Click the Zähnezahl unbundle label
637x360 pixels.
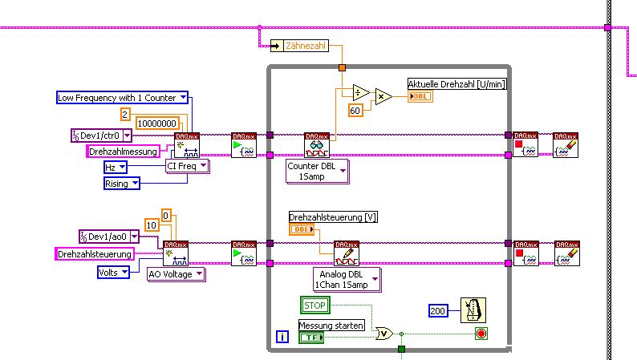point(306,47)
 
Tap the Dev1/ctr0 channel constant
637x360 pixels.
point(100,136)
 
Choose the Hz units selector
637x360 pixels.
point(121,168)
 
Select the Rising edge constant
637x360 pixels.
point(121,184)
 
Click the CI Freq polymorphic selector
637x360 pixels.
point(187,166)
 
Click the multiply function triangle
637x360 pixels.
point(383,96)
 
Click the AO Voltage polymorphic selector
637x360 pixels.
point(176,274)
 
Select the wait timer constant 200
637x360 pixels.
point(438,310)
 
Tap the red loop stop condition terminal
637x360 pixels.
point(481,333)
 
